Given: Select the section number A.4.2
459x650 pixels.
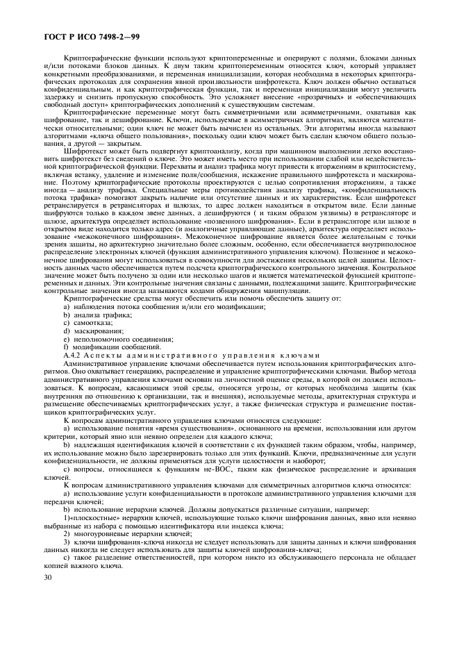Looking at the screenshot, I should [73, 356].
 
